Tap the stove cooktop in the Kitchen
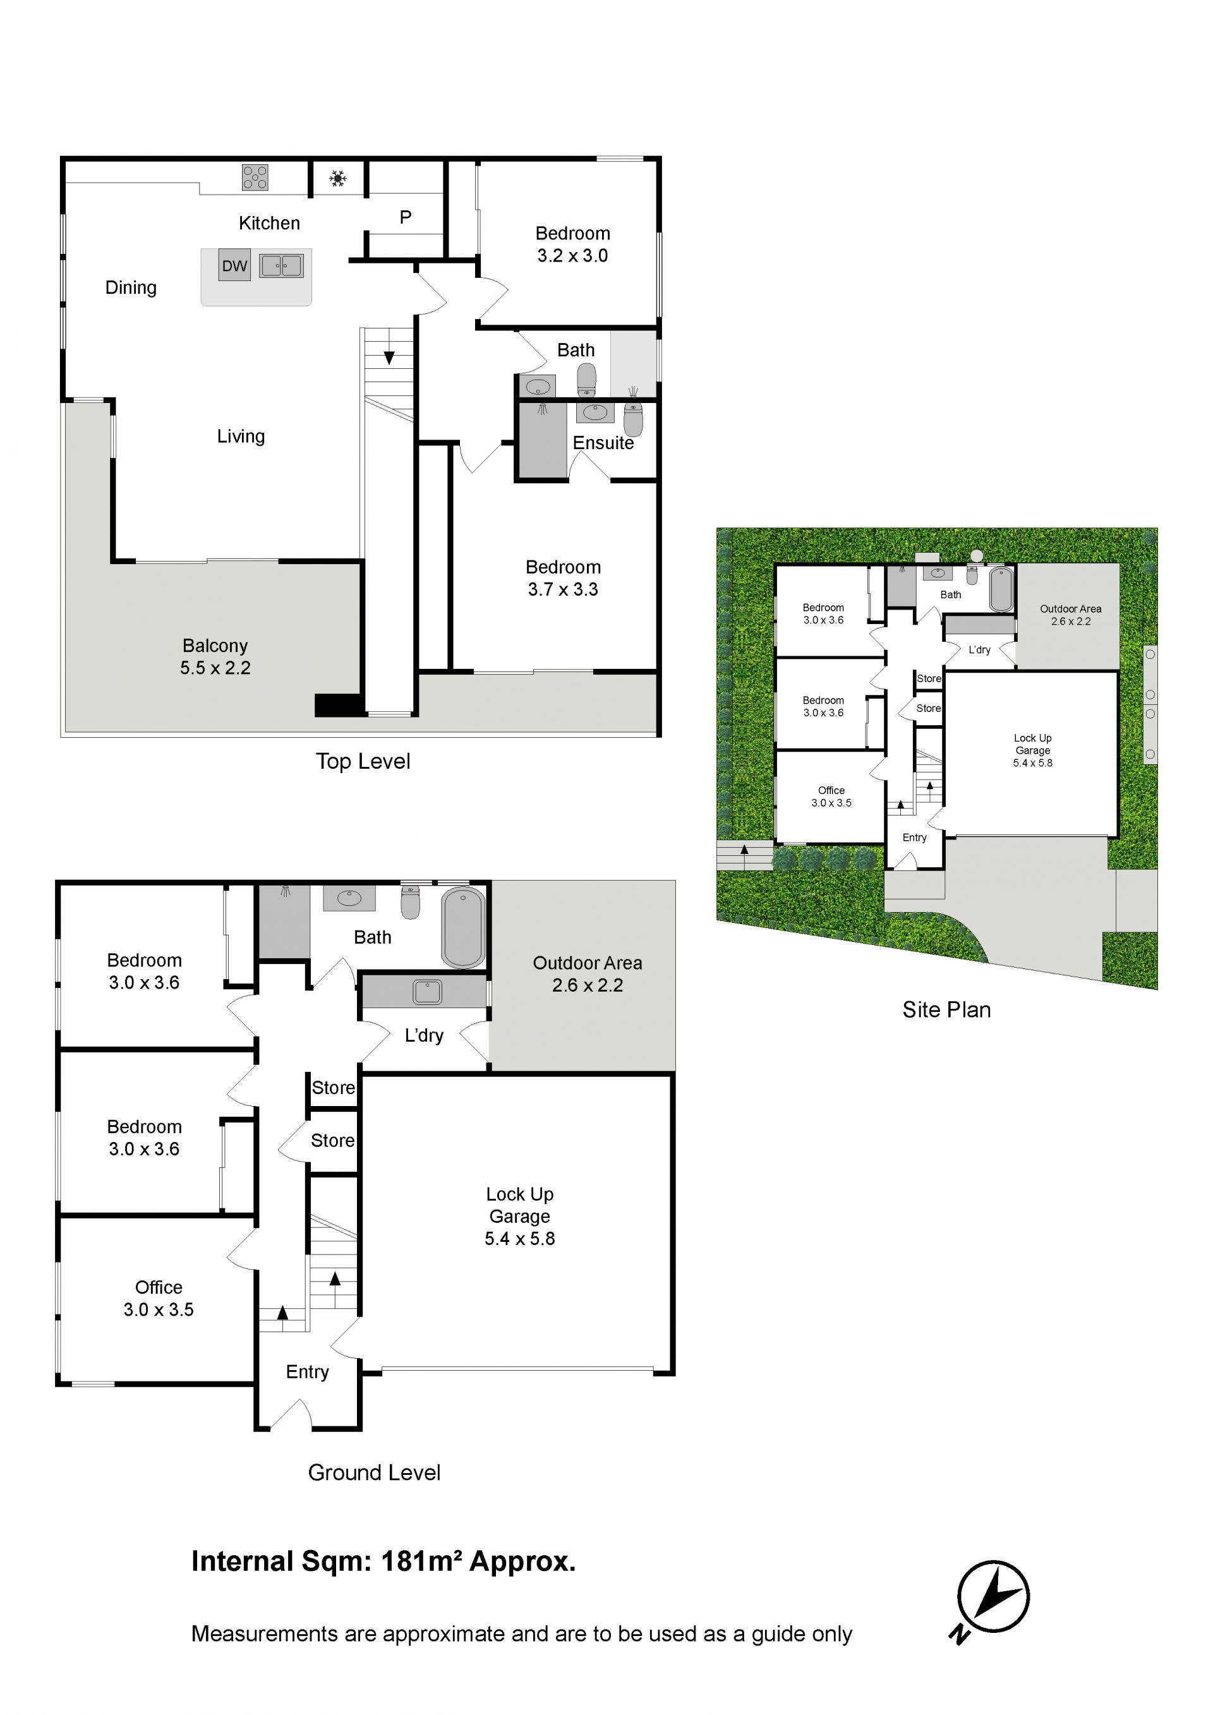[x=255, y=178]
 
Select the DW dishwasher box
[x=234, y=266]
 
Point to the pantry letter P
[x=406, y=217]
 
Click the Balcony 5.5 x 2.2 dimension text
[x=215, y=668]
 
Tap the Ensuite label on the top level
[x=603, y=443]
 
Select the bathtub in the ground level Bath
[x=463, y=927]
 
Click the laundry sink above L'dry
[x=427, y=992]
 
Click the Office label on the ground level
[x=159, y=1287]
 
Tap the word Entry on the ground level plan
[x=307, y=1372]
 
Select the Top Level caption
[x=363, y=761]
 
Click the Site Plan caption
[x=946, y=1010]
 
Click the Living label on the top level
[x=241, y=436]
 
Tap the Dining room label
[x=131, y=287]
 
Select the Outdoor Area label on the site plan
[x=1070, y=609]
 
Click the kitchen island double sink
[x=282, y=265]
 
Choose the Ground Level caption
[x=374, y=1472]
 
